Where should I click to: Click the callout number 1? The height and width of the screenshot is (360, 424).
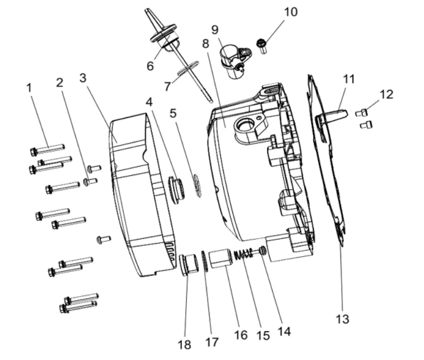pos(29,87)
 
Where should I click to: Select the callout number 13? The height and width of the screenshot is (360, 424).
pos(343,319)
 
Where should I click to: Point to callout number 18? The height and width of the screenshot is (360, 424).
pos(184,344)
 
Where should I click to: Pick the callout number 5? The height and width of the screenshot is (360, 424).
pos(174,114)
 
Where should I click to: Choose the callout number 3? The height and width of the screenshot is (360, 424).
pos(83,77)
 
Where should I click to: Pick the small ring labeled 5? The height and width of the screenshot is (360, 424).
pos(196,186)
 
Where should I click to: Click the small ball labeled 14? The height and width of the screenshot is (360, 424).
pos(262,251)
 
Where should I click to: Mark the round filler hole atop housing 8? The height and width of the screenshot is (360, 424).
pos(245,126)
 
